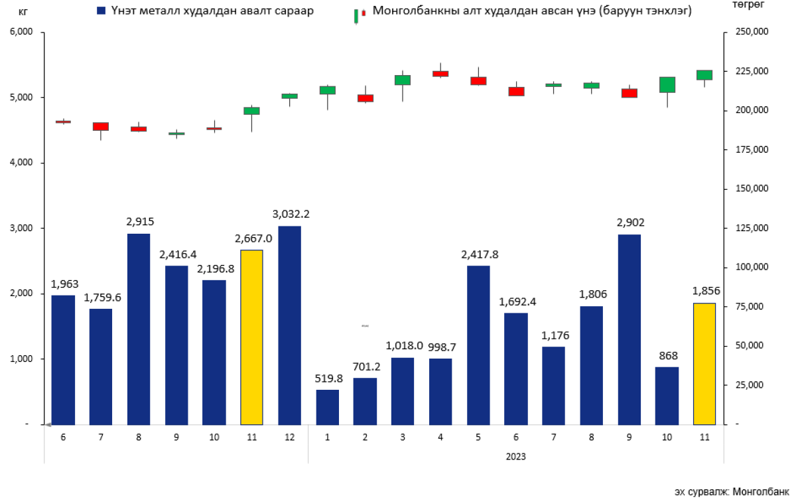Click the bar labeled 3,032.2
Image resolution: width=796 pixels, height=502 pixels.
[x=289, y=325]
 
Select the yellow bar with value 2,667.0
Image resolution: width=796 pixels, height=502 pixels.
[x=251, y=337]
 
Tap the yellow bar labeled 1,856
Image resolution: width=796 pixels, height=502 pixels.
[x=704, y=363]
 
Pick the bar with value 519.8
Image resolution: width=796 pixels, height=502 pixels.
[x=327, y=406]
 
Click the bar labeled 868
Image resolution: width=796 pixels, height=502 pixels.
[x=667, y=395]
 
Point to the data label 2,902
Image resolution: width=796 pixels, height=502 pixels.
[x=629, y=222]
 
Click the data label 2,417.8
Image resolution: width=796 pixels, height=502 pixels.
[x=478, y=254]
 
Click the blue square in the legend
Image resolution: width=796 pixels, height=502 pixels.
[x=101, y=11]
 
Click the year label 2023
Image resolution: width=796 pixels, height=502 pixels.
[x=515, y=457]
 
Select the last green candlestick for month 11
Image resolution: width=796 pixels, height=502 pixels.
[x=704, y=75]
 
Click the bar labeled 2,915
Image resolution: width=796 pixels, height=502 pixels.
[x=139, y=329]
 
